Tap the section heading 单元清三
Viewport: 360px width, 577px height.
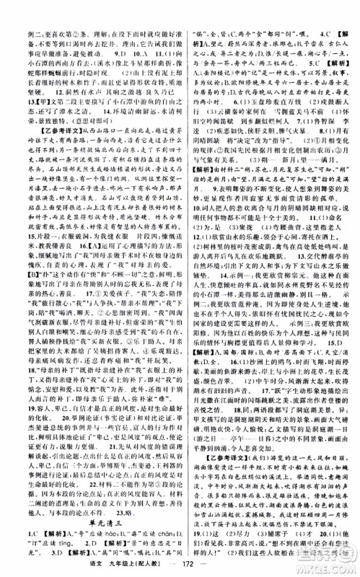89,511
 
